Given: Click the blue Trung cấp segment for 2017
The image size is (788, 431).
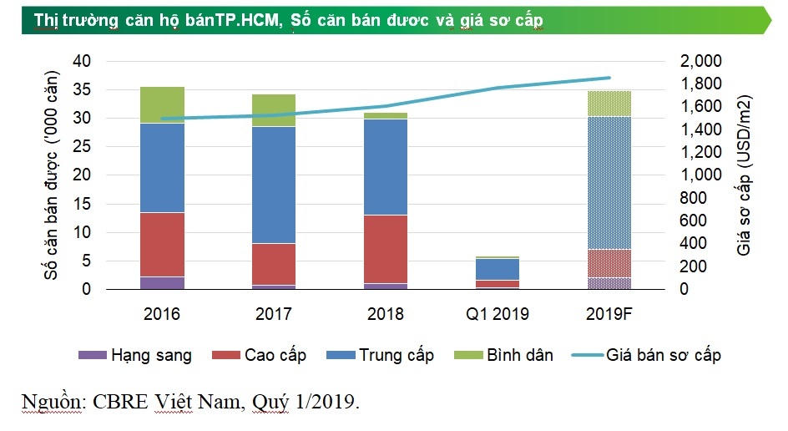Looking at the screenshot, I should (275, 185).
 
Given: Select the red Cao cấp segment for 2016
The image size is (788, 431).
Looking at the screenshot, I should (163, 244).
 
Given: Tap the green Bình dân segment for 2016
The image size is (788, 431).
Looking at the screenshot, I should (163, 104).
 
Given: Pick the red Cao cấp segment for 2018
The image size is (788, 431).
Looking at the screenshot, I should (386, 249).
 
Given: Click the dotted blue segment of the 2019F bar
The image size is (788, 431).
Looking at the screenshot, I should (609, 182).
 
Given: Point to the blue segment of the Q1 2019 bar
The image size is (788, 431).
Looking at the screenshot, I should (498, 269).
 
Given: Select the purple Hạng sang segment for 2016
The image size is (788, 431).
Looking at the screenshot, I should (163, 282).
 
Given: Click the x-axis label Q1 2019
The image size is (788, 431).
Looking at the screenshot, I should (498, 314).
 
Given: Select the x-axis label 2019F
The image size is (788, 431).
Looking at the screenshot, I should (609, 314).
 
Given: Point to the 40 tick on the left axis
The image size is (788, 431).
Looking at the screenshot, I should (81, 62).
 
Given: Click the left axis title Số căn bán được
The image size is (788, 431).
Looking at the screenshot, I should (52, 175).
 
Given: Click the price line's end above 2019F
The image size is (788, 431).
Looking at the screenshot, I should (609, 78).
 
